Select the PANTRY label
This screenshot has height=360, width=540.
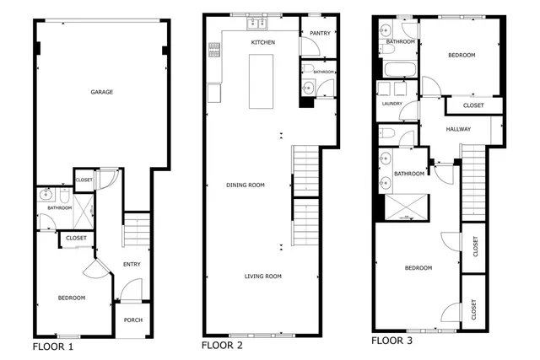[318, 33]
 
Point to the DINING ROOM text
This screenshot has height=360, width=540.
[246, 185]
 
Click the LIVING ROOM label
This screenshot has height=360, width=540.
[262, 277]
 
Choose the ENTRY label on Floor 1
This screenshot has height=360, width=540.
[132, 265]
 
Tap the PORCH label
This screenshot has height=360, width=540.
[132, 320]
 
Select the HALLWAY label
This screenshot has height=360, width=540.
[457, 129]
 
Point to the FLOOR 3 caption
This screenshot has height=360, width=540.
[393, 341]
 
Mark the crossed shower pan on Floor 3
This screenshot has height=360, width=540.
[406, 206]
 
